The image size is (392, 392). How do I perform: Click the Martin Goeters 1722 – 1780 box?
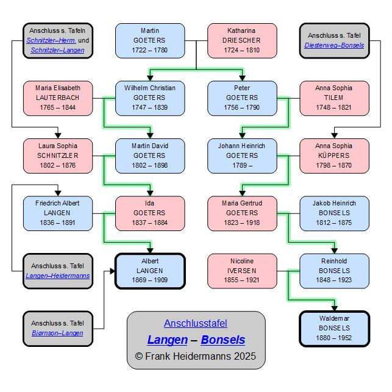coord(150,40)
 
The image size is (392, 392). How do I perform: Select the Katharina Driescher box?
coord(242,40)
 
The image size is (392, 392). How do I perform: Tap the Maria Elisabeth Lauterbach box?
coord(58,98)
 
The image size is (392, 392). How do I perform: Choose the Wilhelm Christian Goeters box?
coord(150,98)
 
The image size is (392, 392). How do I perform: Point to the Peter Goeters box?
coord(242,98)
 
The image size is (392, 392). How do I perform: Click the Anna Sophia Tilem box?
coord(334,98)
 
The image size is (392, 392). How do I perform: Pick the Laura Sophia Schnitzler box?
coord(58,155)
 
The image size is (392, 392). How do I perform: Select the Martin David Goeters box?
coord(150,155)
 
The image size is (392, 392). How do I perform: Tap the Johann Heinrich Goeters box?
coord(242,155)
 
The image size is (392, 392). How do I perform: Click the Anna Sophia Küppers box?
coord(334,155)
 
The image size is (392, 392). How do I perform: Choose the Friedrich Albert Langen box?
coord(58,213)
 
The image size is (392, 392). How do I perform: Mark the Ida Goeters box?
coord(150,213)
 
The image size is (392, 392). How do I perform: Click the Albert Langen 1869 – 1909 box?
coord(150,271)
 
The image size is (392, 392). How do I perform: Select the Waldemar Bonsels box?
coord(334,329)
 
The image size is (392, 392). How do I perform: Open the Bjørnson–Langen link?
coord(57,333)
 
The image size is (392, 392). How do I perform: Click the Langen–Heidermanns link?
coord(58,276)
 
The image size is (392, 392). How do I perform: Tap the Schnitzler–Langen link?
coord(58,50)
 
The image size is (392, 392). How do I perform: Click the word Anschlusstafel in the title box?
coord(196,324)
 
